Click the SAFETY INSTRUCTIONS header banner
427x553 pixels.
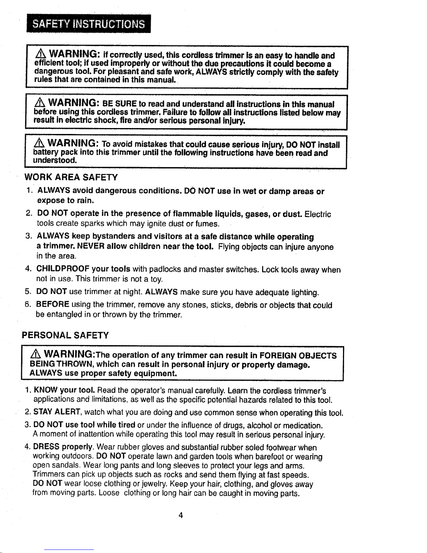[x=89, y=24]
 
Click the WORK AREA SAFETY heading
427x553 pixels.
[x=71, y=178]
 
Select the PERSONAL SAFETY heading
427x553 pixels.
[x=66, y=336]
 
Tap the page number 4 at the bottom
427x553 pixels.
[x=181, y=515]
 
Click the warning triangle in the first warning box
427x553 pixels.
[x=41, y=55]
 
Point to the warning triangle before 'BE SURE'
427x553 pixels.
[x=40, y=103]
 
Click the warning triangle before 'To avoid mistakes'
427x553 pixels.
[x=39, y=144]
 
